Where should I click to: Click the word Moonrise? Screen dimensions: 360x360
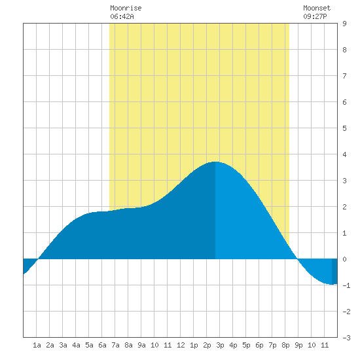pyautogui.click(x=126, y=8)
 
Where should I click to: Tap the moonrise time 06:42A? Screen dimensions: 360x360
pyautogui.click(x=122, y=16)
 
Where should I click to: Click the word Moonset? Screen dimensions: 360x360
pyautogui.click(x=317, y=8)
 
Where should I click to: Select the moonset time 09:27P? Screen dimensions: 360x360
pyautogui.click(x=315, y=16)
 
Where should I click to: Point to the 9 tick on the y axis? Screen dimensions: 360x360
pyautogui.click(x=344, y=24)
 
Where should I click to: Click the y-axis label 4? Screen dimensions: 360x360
pyautogui.click(x=344, y=154)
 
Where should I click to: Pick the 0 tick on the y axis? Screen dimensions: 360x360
pyautogui.click(x=344, y=259)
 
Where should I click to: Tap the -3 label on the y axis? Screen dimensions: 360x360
pyautogui.click(x=346, y=338)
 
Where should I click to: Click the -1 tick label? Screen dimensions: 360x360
pyautogui.click(x=346, y=285)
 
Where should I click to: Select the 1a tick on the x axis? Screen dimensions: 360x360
pyautogui.click(x=37, y=345)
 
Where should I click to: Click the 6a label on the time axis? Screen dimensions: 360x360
pyautogui.click(x=102, y=345)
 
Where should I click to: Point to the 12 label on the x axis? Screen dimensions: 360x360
pyautogui.click(x=181, y=345)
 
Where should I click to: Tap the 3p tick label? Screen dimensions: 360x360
pyautogui.click(x=220, y=345)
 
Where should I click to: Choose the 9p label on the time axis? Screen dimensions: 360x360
pyautogui.click(x=298, y=345)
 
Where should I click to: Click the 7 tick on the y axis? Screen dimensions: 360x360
pyautogui.click(x=344, y=76)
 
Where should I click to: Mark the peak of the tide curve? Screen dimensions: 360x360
pyautogui.click(x=215, y=162)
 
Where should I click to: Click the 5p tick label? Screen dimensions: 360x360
pyautogui.click(x=246, y=345)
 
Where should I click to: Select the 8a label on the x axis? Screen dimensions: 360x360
pyautogui.click(x=128, y=345)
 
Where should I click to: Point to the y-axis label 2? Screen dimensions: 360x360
pyautogui.click(x=344, y=207)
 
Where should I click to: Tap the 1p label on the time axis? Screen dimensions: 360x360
pyautogui.click(x=194, y=345)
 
